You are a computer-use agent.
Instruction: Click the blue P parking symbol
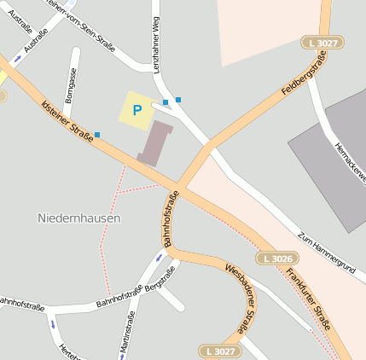tap(137, 110)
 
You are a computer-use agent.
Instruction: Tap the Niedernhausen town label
tap(79, 218)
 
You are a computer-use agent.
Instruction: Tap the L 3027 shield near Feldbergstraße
tap(323, 42)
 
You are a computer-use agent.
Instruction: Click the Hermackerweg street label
tap(350, 160)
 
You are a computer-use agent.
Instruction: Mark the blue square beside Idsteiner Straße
tap(97, 135)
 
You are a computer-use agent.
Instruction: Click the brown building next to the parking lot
tap(155, 142)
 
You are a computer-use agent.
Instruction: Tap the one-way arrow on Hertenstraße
tap(53, 323)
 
